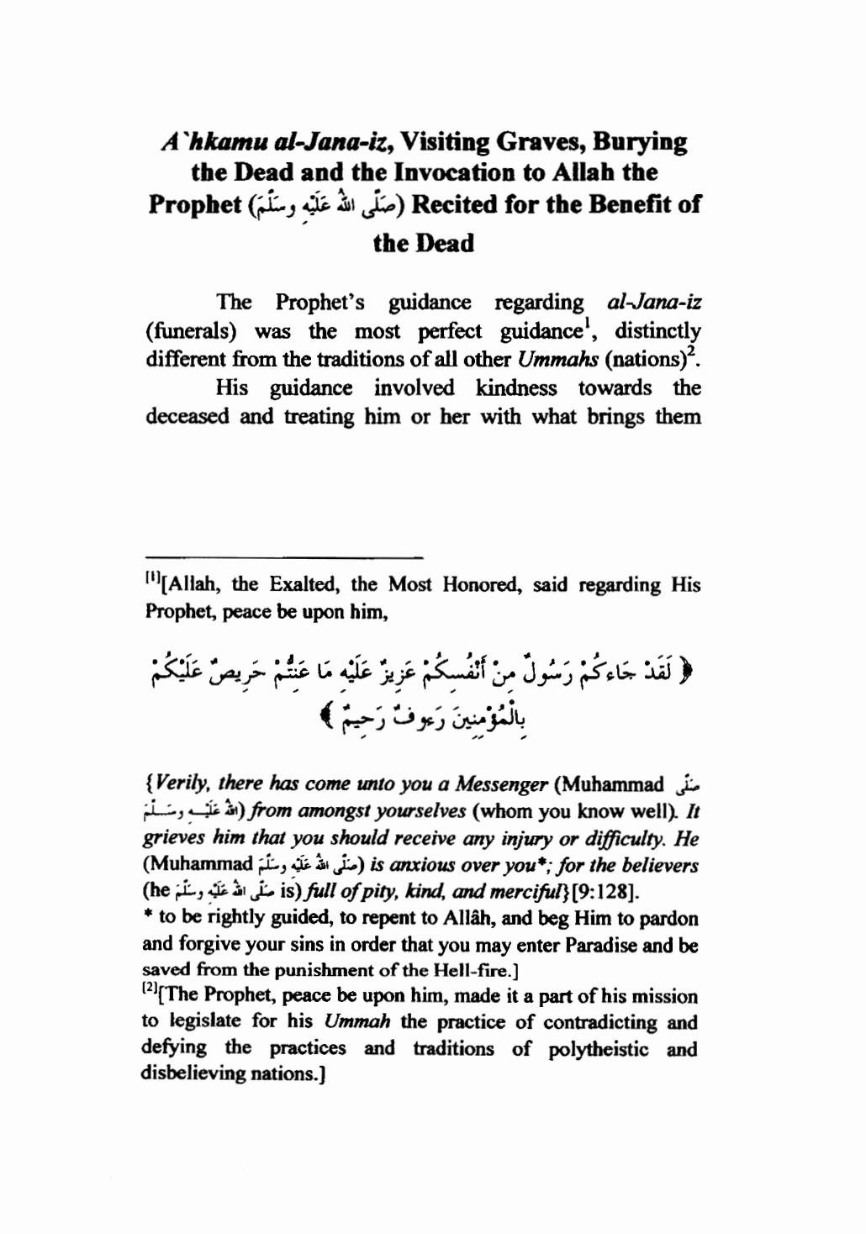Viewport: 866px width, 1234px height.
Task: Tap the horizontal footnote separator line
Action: click(283, 556)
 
